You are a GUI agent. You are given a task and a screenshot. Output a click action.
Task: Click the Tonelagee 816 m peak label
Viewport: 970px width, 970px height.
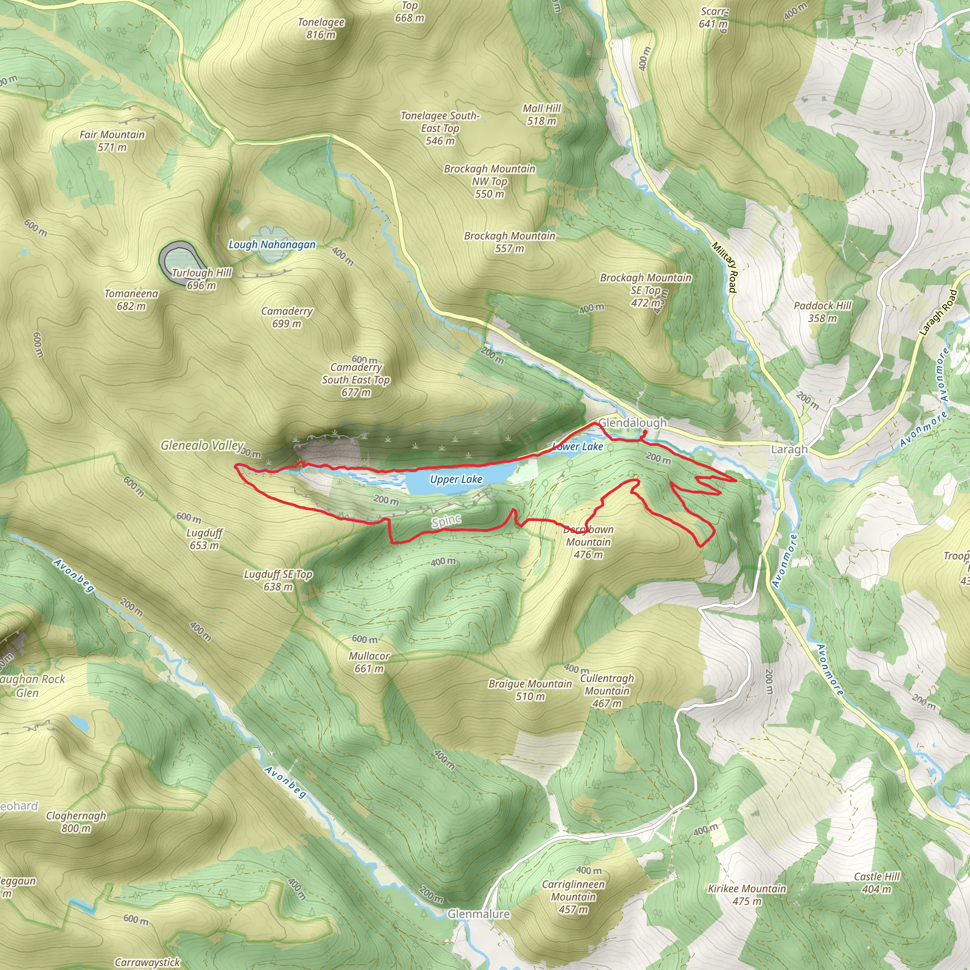click(321, 28)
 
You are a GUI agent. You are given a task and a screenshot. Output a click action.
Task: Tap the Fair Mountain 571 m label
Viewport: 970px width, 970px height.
click(112, 141)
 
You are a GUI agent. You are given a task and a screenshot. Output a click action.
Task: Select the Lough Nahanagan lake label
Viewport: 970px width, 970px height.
click(272, 244)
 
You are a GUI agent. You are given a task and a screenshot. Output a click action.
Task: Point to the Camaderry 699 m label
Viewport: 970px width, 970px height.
click(287, 317)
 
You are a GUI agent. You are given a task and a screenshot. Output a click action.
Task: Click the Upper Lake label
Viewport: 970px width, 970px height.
click(456, 479)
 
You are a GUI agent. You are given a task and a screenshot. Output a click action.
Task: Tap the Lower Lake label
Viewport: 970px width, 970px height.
click(577, 446)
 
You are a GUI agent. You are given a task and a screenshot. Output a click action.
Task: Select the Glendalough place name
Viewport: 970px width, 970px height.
click(633, 423)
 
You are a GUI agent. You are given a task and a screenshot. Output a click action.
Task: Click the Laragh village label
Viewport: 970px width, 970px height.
click(789, 449)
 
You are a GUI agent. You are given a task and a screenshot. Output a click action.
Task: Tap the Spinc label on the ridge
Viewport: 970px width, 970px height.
click(446, 521)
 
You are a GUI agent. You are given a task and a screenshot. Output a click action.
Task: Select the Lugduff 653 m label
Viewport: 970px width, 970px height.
click(204, 539)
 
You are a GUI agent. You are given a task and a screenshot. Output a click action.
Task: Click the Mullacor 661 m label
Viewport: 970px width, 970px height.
click(369, 662)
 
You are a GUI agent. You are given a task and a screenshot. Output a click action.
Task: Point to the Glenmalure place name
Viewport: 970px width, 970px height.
click(478, 914)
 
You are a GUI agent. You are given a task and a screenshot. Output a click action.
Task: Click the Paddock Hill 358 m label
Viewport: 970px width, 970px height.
click(822, 311)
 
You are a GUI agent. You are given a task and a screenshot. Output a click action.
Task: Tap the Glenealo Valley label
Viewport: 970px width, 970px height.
click(202, 445)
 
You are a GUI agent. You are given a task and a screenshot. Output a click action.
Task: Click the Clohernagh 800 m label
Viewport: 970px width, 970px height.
click(76, 821)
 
